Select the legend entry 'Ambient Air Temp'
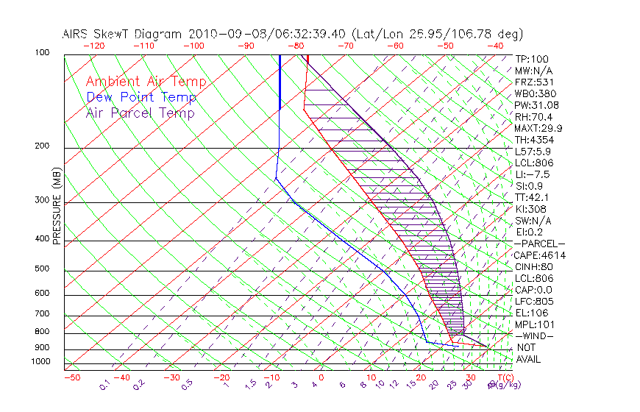click(146, 82)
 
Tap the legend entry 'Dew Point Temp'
click(141, 97)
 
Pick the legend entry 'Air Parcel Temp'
click(141, 113)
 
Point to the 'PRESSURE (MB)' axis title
click(57, 206)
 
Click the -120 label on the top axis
click(93, 45)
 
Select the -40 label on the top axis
click(496, 45)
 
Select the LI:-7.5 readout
click(532, 174)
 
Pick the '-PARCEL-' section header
click(539, 244)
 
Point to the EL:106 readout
click(531, 313)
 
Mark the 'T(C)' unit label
click(502, 377)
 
